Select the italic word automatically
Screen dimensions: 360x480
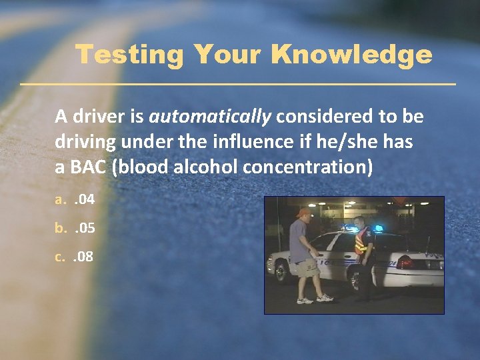coord(210,117)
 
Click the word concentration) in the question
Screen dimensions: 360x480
coord(308,167)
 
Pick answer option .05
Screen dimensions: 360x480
coord(85,228)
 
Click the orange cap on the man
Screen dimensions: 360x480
coord(304,213)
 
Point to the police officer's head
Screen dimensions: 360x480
coord(359,223)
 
